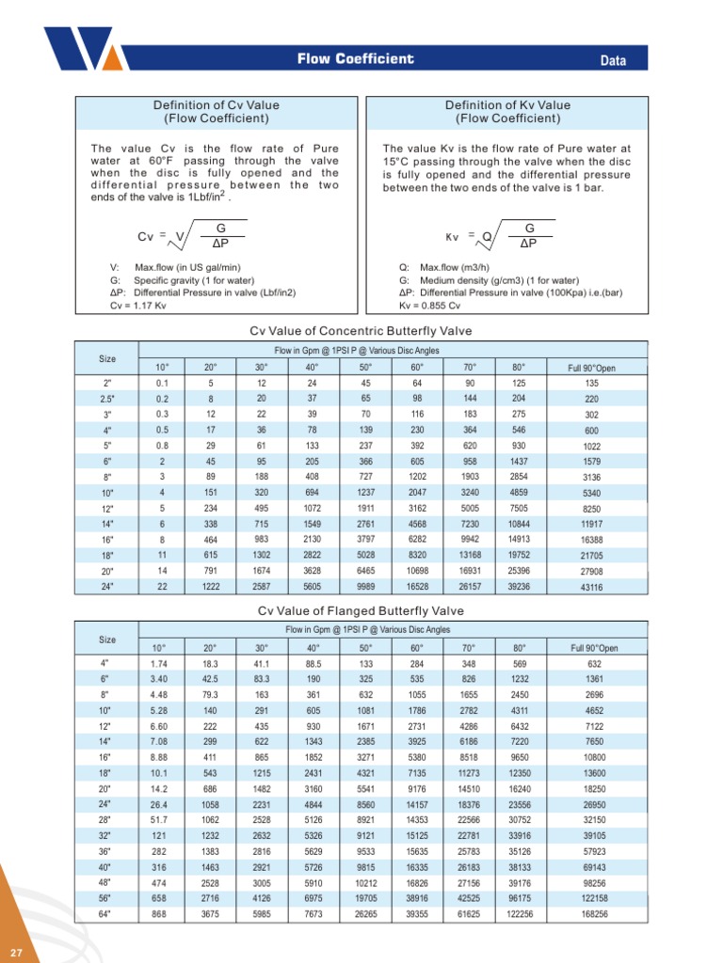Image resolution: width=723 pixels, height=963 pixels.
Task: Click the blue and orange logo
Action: [81, 49]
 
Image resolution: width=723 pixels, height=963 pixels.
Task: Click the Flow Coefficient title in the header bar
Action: [355, 60]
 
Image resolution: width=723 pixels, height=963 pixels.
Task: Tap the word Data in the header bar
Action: [614, 61]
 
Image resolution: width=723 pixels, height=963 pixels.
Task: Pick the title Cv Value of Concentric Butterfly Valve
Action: [361, 331]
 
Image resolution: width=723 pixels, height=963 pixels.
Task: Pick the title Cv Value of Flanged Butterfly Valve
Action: [361, 612]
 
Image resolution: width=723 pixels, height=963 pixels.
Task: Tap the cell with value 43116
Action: [592, 587]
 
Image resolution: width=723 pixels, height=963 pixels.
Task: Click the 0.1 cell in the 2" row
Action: [162, 384]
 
